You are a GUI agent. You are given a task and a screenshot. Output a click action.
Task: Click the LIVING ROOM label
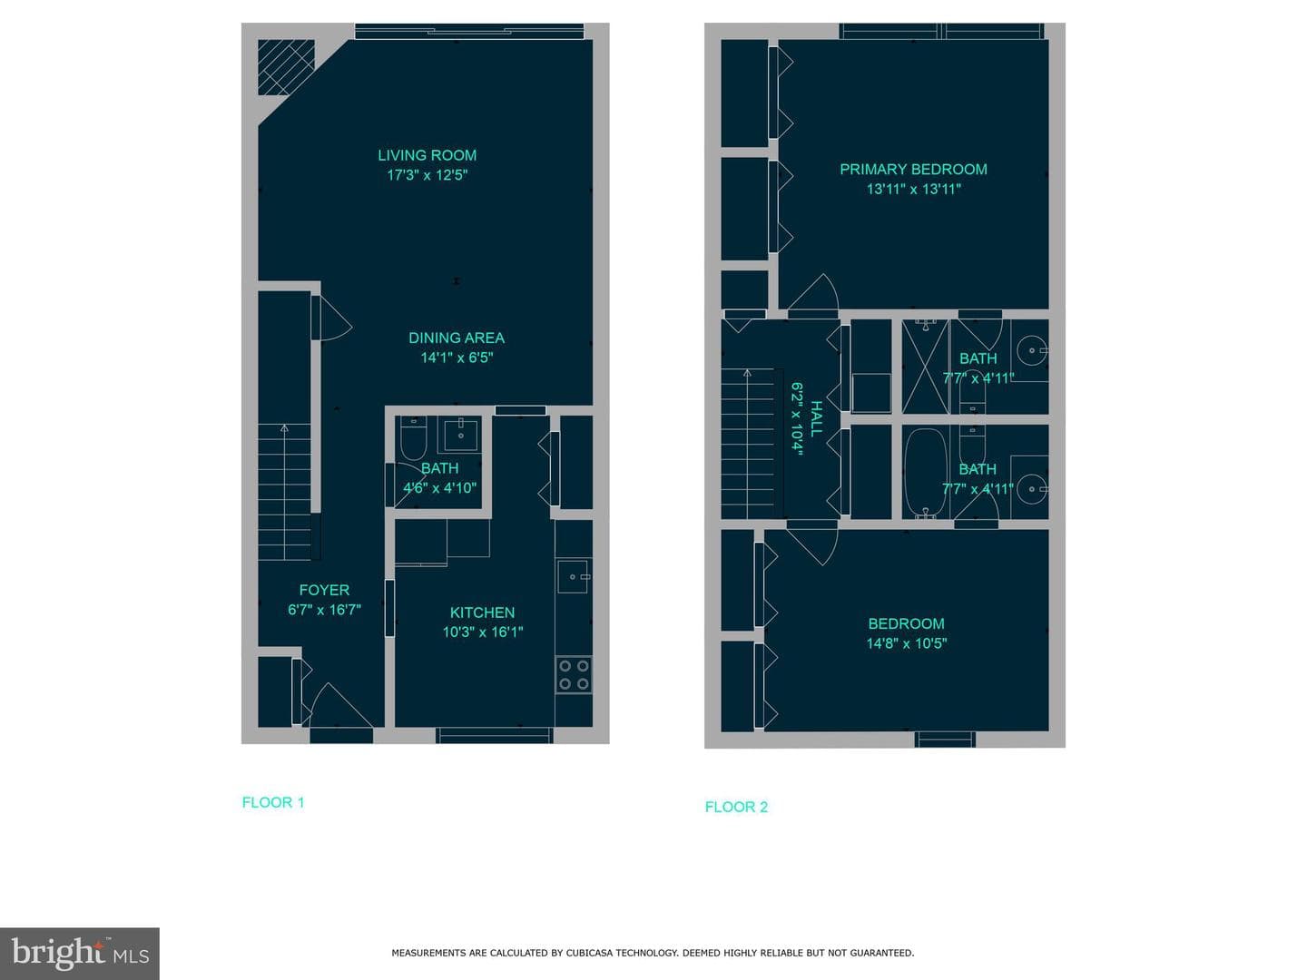tap(427, 155)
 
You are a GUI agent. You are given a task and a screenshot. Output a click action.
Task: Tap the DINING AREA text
tap(457, 338)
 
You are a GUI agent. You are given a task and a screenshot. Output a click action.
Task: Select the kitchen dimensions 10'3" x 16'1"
tap(482, 632)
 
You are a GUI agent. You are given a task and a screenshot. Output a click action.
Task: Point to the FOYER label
tap(324, 590)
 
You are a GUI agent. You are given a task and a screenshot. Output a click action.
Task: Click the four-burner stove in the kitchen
tap(574, 675)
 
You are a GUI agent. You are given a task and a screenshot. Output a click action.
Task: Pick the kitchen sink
tap(574, 576)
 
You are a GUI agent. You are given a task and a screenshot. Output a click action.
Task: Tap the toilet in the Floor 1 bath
tap(413, 438)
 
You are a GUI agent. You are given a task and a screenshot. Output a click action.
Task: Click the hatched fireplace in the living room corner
tap(286, 67)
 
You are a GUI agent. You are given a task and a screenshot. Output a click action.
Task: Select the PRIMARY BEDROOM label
tap(913, 170)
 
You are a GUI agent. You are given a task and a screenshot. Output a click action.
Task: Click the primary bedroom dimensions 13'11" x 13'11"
tap(913, 190)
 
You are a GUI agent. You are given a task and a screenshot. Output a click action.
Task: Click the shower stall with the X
tap(925, 367)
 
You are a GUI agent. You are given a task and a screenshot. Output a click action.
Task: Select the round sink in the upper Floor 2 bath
tap(1032, 350)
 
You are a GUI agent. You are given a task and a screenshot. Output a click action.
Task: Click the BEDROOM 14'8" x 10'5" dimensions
tap(906, 643)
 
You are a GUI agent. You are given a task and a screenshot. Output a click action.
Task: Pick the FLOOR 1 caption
tap(272, 802)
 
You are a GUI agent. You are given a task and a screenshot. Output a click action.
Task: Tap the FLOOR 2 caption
tap(736, 807)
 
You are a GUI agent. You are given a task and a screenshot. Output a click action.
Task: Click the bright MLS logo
tap(80, 953)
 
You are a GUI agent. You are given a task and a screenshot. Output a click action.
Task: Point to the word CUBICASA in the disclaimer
tap(589, 953)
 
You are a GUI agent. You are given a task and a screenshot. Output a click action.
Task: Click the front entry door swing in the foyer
tap(341, 706)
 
